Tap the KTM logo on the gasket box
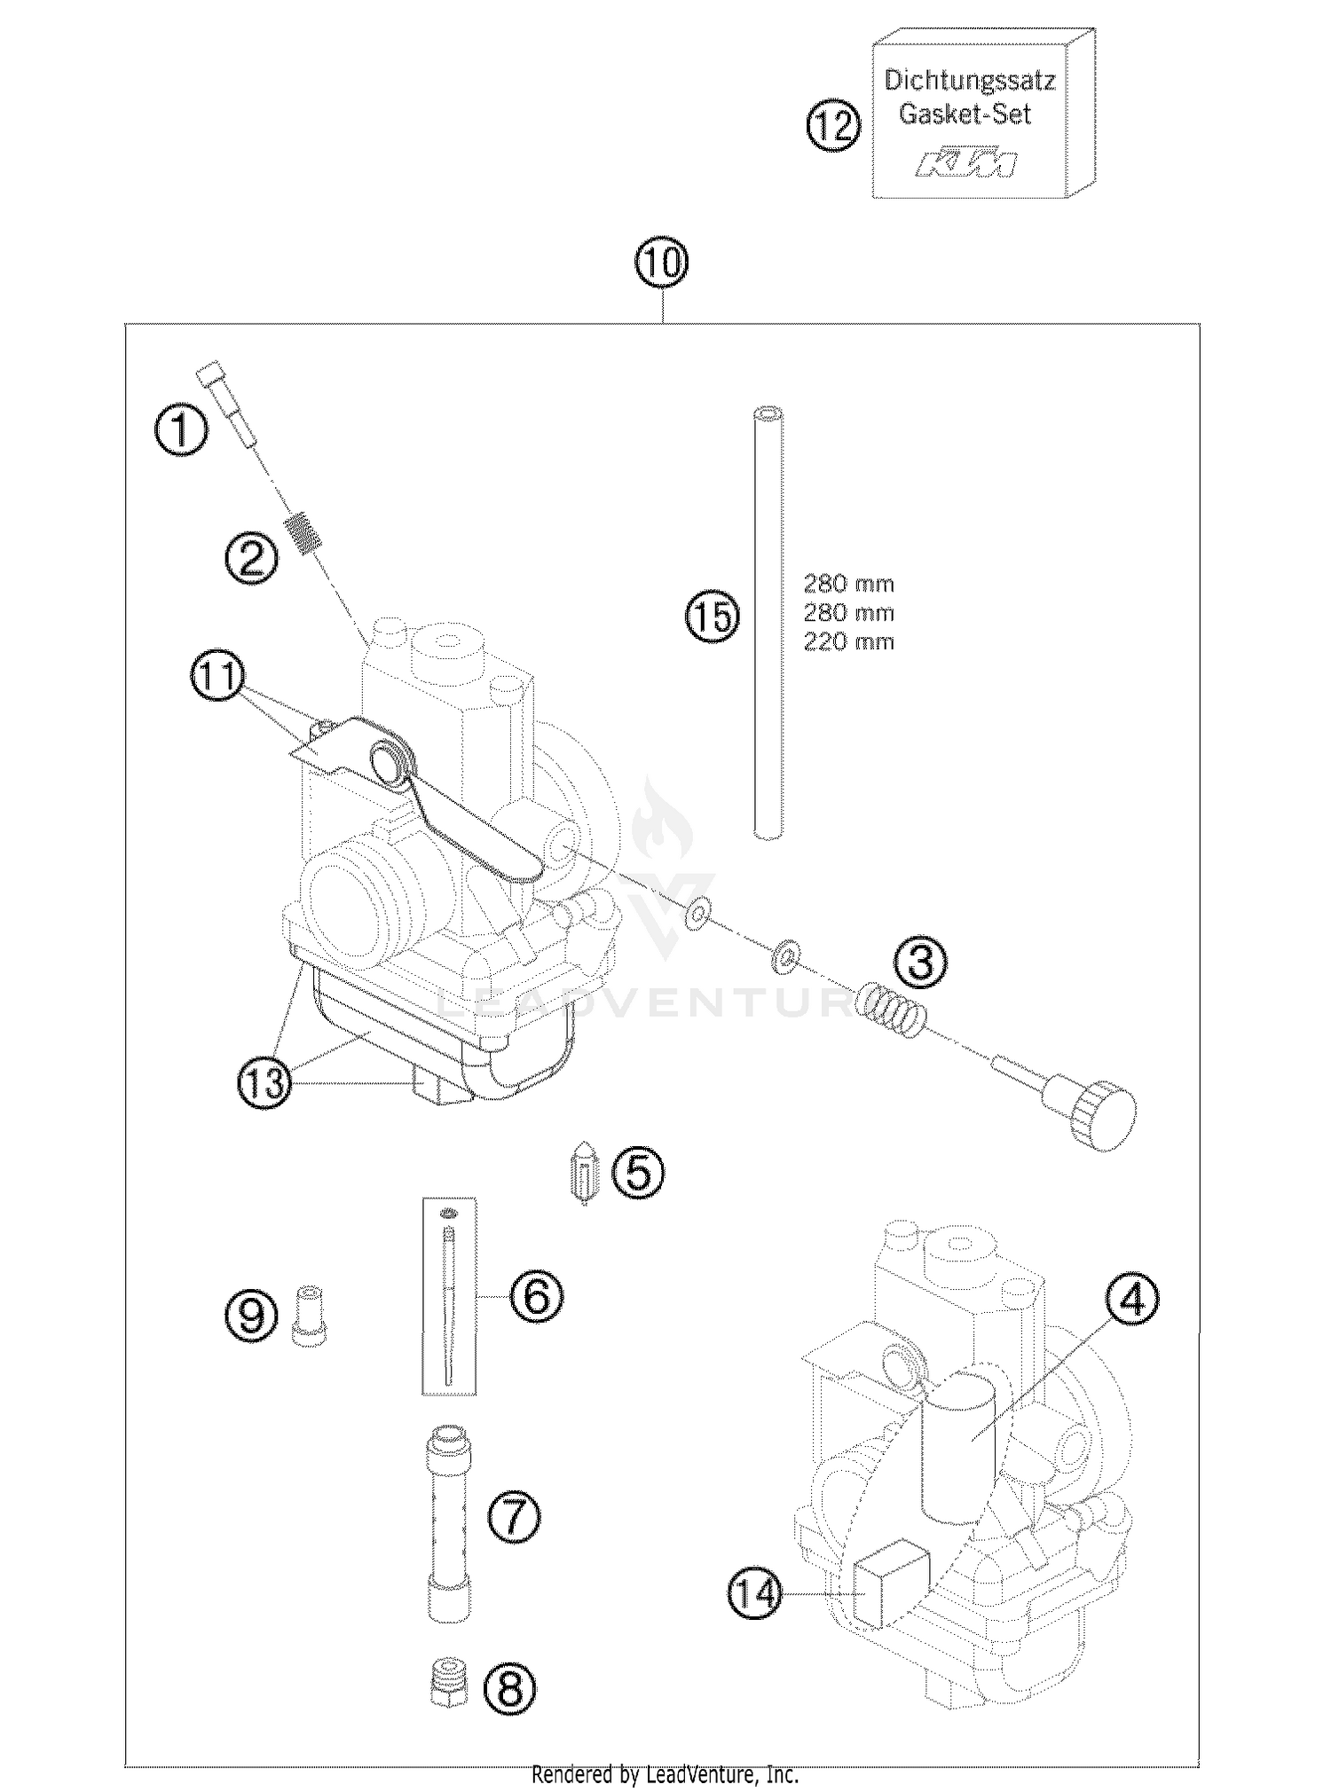click(x=967, y=164)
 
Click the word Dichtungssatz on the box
click(x=969, y=81)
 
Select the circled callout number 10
click(x=662, y=263)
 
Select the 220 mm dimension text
click(x=848, y=641)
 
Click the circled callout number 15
click(x=713, y=615)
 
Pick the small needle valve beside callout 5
click(x=583, y=1172)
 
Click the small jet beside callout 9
click(x=308, y=1316)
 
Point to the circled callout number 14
click(x=757, y=1594)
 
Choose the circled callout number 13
click(x=264, y=1083)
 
